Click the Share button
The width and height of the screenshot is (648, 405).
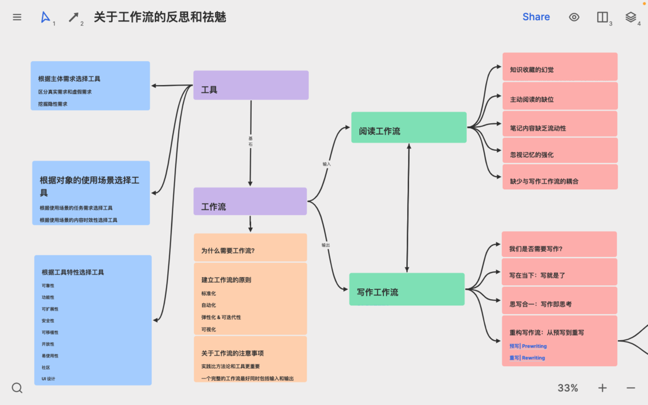coord(536,17)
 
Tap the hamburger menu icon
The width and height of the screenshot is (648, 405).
coord(17,17)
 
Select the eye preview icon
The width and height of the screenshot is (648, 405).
coord(574,17)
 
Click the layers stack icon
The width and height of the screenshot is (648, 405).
coord(631,17)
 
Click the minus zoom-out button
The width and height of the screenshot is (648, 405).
coord(631,388)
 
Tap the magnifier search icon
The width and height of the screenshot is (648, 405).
coord(17,388)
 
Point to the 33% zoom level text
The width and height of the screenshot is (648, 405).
coord(568,388)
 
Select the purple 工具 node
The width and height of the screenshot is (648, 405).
coord(251,86)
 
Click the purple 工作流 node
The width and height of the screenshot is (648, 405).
coord(250,201)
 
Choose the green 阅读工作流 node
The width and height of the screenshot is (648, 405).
coord(408,127)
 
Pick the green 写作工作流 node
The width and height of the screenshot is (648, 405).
coord(407,289)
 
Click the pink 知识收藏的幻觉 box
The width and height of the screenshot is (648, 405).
coord(559,67)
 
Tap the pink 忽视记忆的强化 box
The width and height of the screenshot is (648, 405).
coord(559,152)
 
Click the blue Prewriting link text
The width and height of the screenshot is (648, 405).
coord(534,346)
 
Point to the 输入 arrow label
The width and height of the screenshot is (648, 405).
coord(326,164)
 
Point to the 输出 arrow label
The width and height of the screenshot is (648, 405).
coord(326,245)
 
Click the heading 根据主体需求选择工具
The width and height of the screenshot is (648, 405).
coord(69,79)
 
